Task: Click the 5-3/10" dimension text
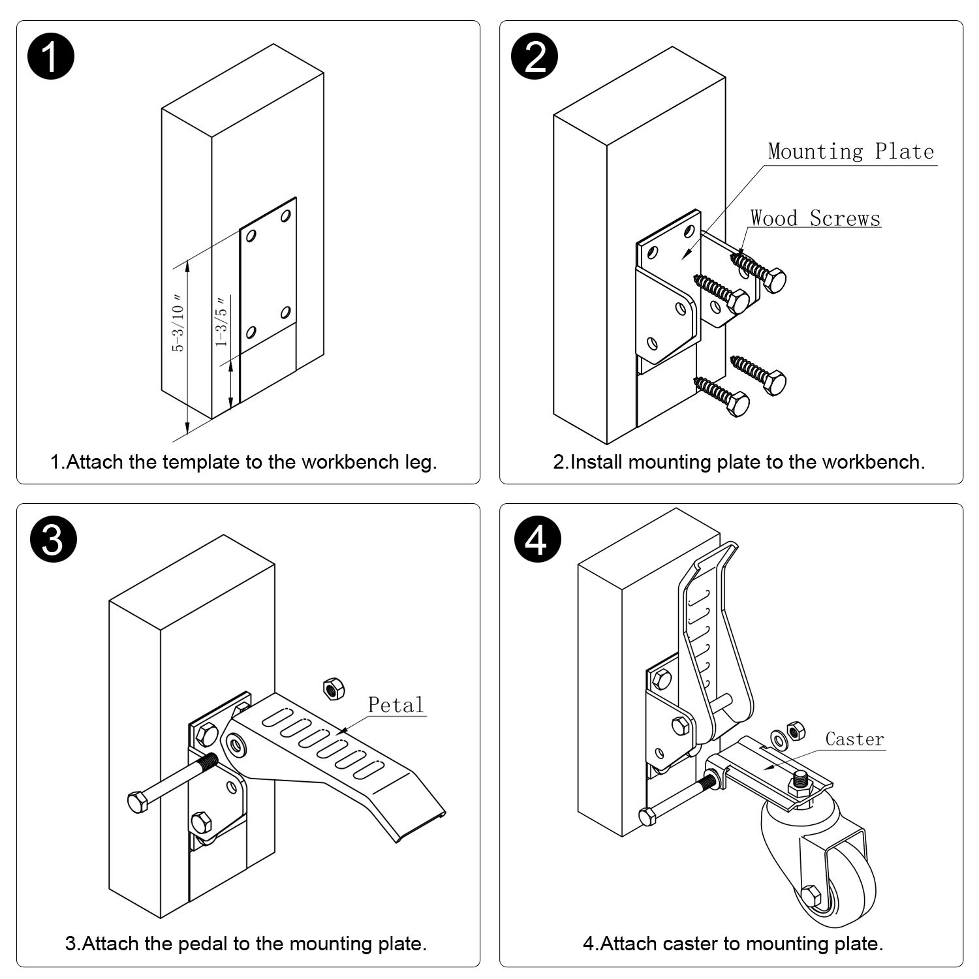[x=178, y=323]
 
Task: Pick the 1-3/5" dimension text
[x=222, y=322]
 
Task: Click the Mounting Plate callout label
[x=851, y=151]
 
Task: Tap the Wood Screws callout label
[x=815, y=218]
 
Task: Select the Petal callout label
[x=396, y=705]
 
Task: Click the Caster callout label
[x=854, y=739]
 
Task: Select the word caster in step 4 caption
[x=691, y=944]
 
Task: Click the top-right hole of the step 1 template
[x=285, y=215]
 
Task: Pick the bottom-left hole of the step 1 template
[x=251, y=334]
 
